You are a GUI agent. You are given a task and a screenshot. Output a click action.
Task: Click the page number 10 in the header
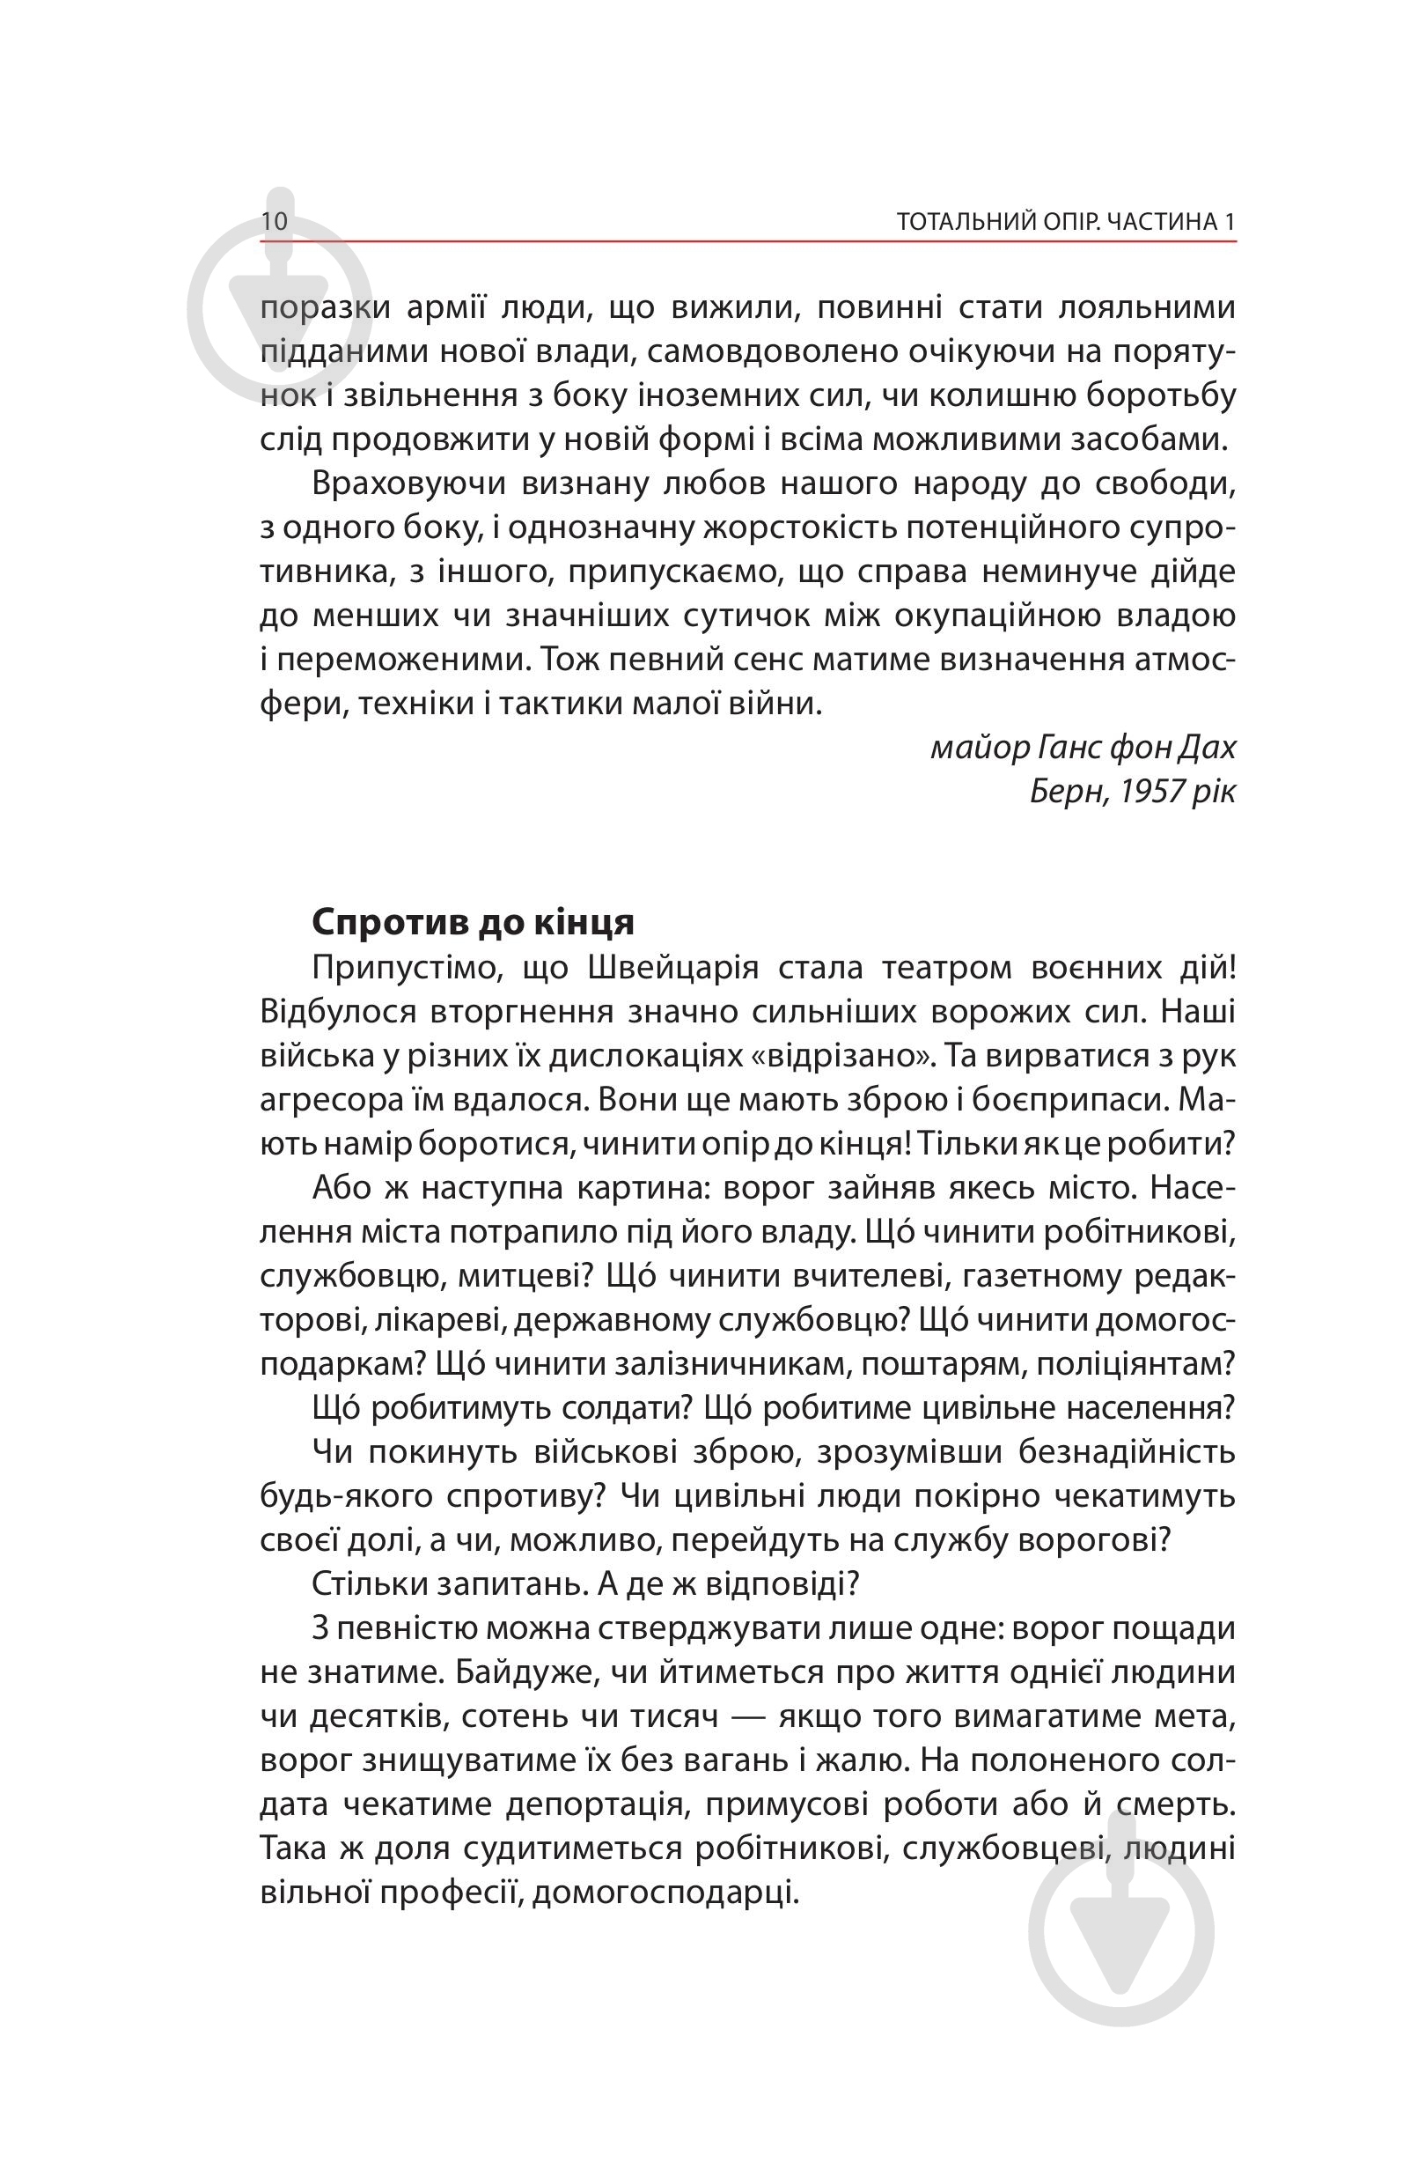275,222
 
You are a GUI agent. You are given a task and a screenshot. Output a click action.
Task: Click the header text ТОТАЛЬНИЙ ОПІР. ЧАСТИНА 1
1066,223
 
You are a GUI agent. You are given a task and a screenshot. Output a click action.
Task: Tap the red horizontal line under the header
747,241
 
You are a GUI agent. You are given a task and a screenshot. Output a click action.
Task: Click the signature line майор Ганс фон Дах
1083,748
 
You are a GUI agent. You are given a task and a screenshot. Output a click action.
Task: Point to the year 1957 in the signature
1150,791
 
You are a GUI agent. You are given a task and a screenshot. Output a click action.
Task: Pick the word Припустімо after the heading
407,967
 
